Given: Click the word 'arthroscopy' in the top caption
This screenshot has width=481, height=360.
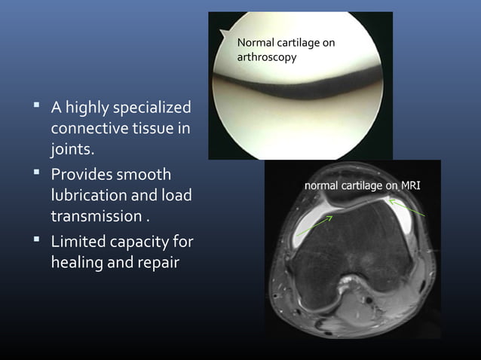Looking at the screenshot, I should click(267, 56).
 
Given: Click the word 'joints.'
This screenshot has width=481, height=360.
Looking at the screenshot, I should click(73, 151).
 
